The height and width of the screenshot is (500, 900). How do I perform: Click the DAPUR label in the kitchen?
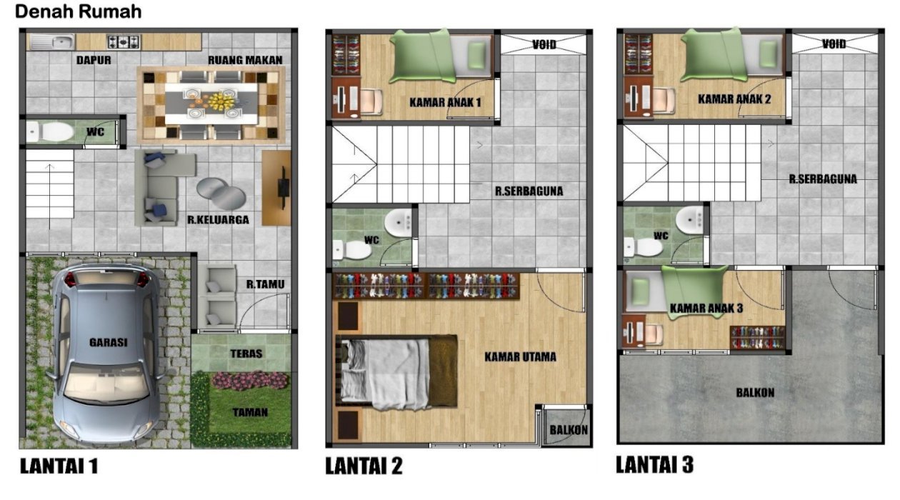click(94, 60)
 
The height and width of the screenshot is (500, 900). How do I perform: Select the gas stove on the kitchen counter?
click(124, 42)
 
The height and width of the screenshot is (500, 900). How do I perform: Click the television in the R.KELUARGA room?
click(284, 188)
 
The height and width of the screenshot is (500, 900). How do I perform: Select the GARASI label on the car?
click(108, 343)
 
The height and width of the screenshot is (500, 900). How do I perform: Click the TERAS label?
click(246, 354)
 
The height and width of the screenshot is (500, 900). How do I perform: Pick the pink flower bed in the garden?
click(250, 381)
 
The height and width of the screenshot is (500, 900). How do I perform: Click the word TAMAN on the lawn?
click(250, 412)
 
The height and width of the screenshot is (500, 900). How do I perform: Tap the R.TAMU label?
click(265, 284)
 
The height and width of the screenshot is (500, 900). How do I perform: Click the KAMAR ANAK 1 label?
click(445, 102)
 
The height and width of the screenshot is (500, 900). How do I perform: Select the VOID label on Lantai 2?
click(544, 44)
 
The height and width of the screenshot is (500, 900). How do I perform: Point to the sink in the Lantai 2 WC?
click(398, 221)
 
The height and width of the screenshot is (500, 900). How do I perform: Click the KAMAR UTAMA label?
click(520, 357)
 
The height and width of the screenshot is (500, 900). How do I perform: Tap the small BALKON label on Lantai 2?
click(569, 431)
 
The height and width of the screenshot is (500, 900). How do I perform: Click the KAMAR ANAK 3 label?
click(706, 309)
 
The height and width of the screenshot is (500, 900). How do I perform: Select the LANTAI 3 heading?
click(655, 464)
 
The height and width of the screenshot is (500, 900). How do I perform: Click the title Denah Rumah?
click(79, 11)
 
